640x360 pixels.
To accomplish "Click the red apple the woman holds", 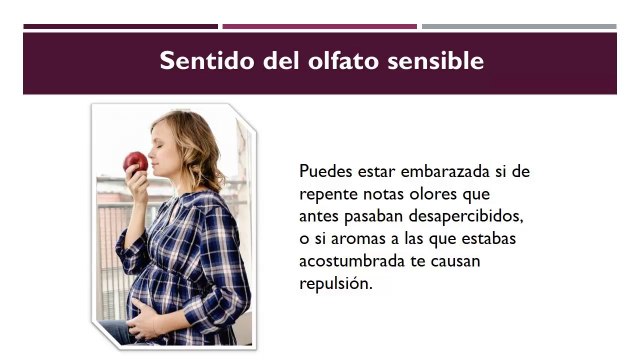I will [x=135, y=161].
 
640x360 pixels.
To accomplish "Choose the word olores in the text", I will [x=438, y=193].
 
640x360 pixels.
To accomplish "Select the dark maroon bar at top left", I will [x=120, y=26].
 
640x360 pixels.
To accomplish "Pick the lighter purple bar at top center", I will [x=319, y=26].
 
